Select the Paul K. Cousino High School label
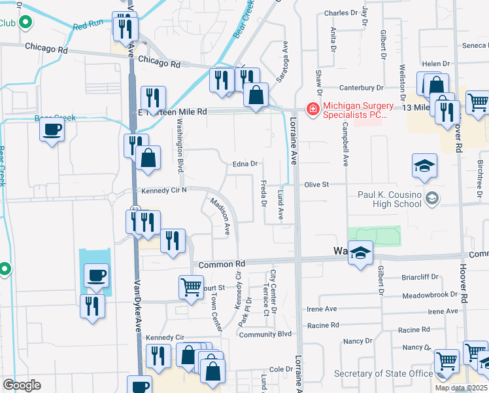tap(390, 198)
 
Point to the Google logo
tap(22, 385)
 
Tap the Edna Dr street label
tap(246, 164)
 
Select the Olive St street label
tap(315, 185)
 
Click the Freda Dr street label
tap(263, 194)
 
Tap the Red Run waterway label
tap(88, 26)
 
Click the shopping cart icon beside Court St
tap(191, 286)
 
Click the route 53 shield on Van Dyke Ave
tap(135, 209)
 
